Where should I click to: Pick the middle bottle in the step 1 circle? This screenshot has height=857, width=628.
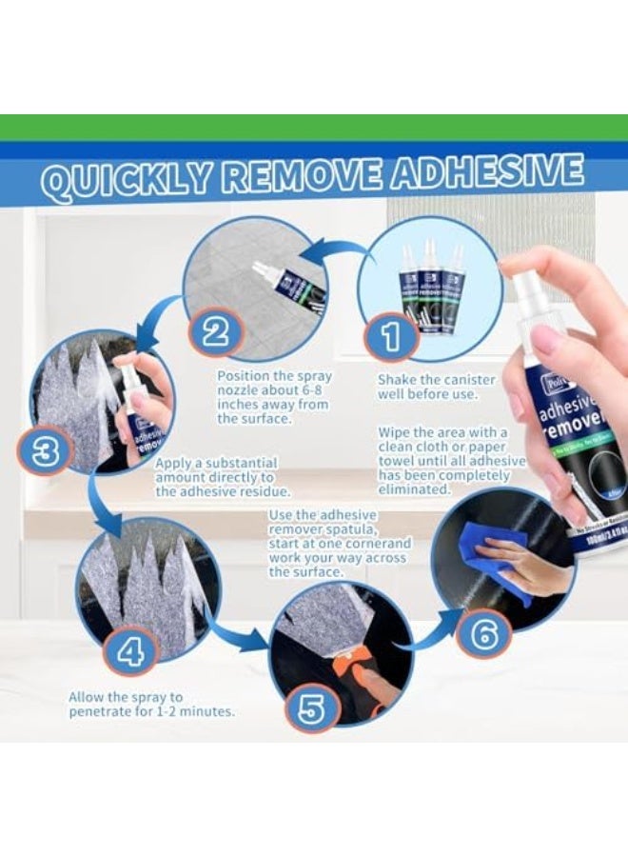pyautogui.click(x=433, y=295)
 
